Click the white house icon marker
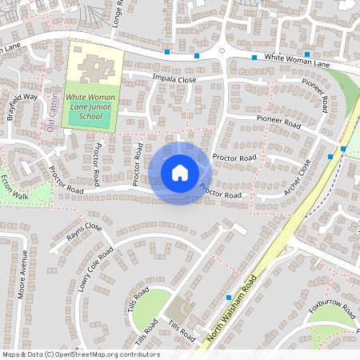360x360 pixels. pyautogui.click(x=180, y=173)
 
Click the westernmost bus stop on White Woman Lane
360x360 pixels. pyautogui.click(x=167, y=52)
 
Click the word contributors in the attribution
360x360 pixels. pyautogui.click(x=135, y=354)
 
